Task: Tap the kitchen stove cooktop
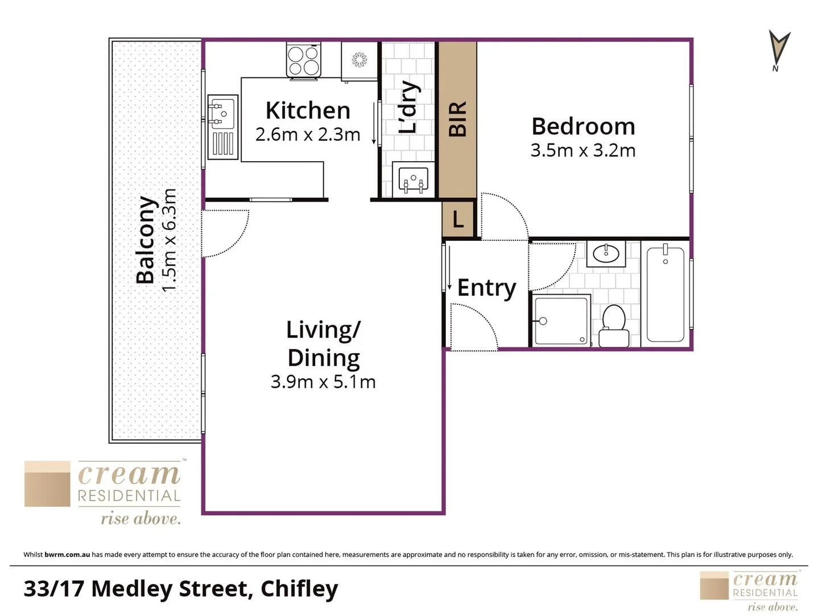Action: [x=303, y=60]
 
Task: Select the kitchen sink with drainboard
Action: [x=222, y=126]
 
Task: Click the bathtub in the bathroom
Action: [x=665, y=293]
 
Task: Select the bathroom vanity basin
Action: [x=606, y=253]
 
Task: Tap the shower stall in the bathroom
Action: [x=561, y=320]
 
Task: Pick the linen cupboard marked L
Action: [x=458, y=219]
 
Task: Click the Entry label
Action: [x=486, y=288]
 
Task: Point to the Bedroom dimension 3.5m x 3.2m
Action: [x=583, y=151]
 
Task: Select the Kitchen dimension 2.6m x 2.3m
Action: [x=308, y=135]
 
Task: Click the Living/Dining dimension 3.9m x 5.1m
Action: [x=323, y=382]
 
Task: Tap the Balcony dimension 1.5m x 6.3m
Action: [x=170, y=240]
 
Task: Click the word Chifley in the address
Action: [x=299, y=589]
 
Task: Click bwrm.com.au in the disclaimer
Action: [x=67, y=555]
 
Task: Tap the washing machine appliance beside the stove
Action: [x=359, y=60]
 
